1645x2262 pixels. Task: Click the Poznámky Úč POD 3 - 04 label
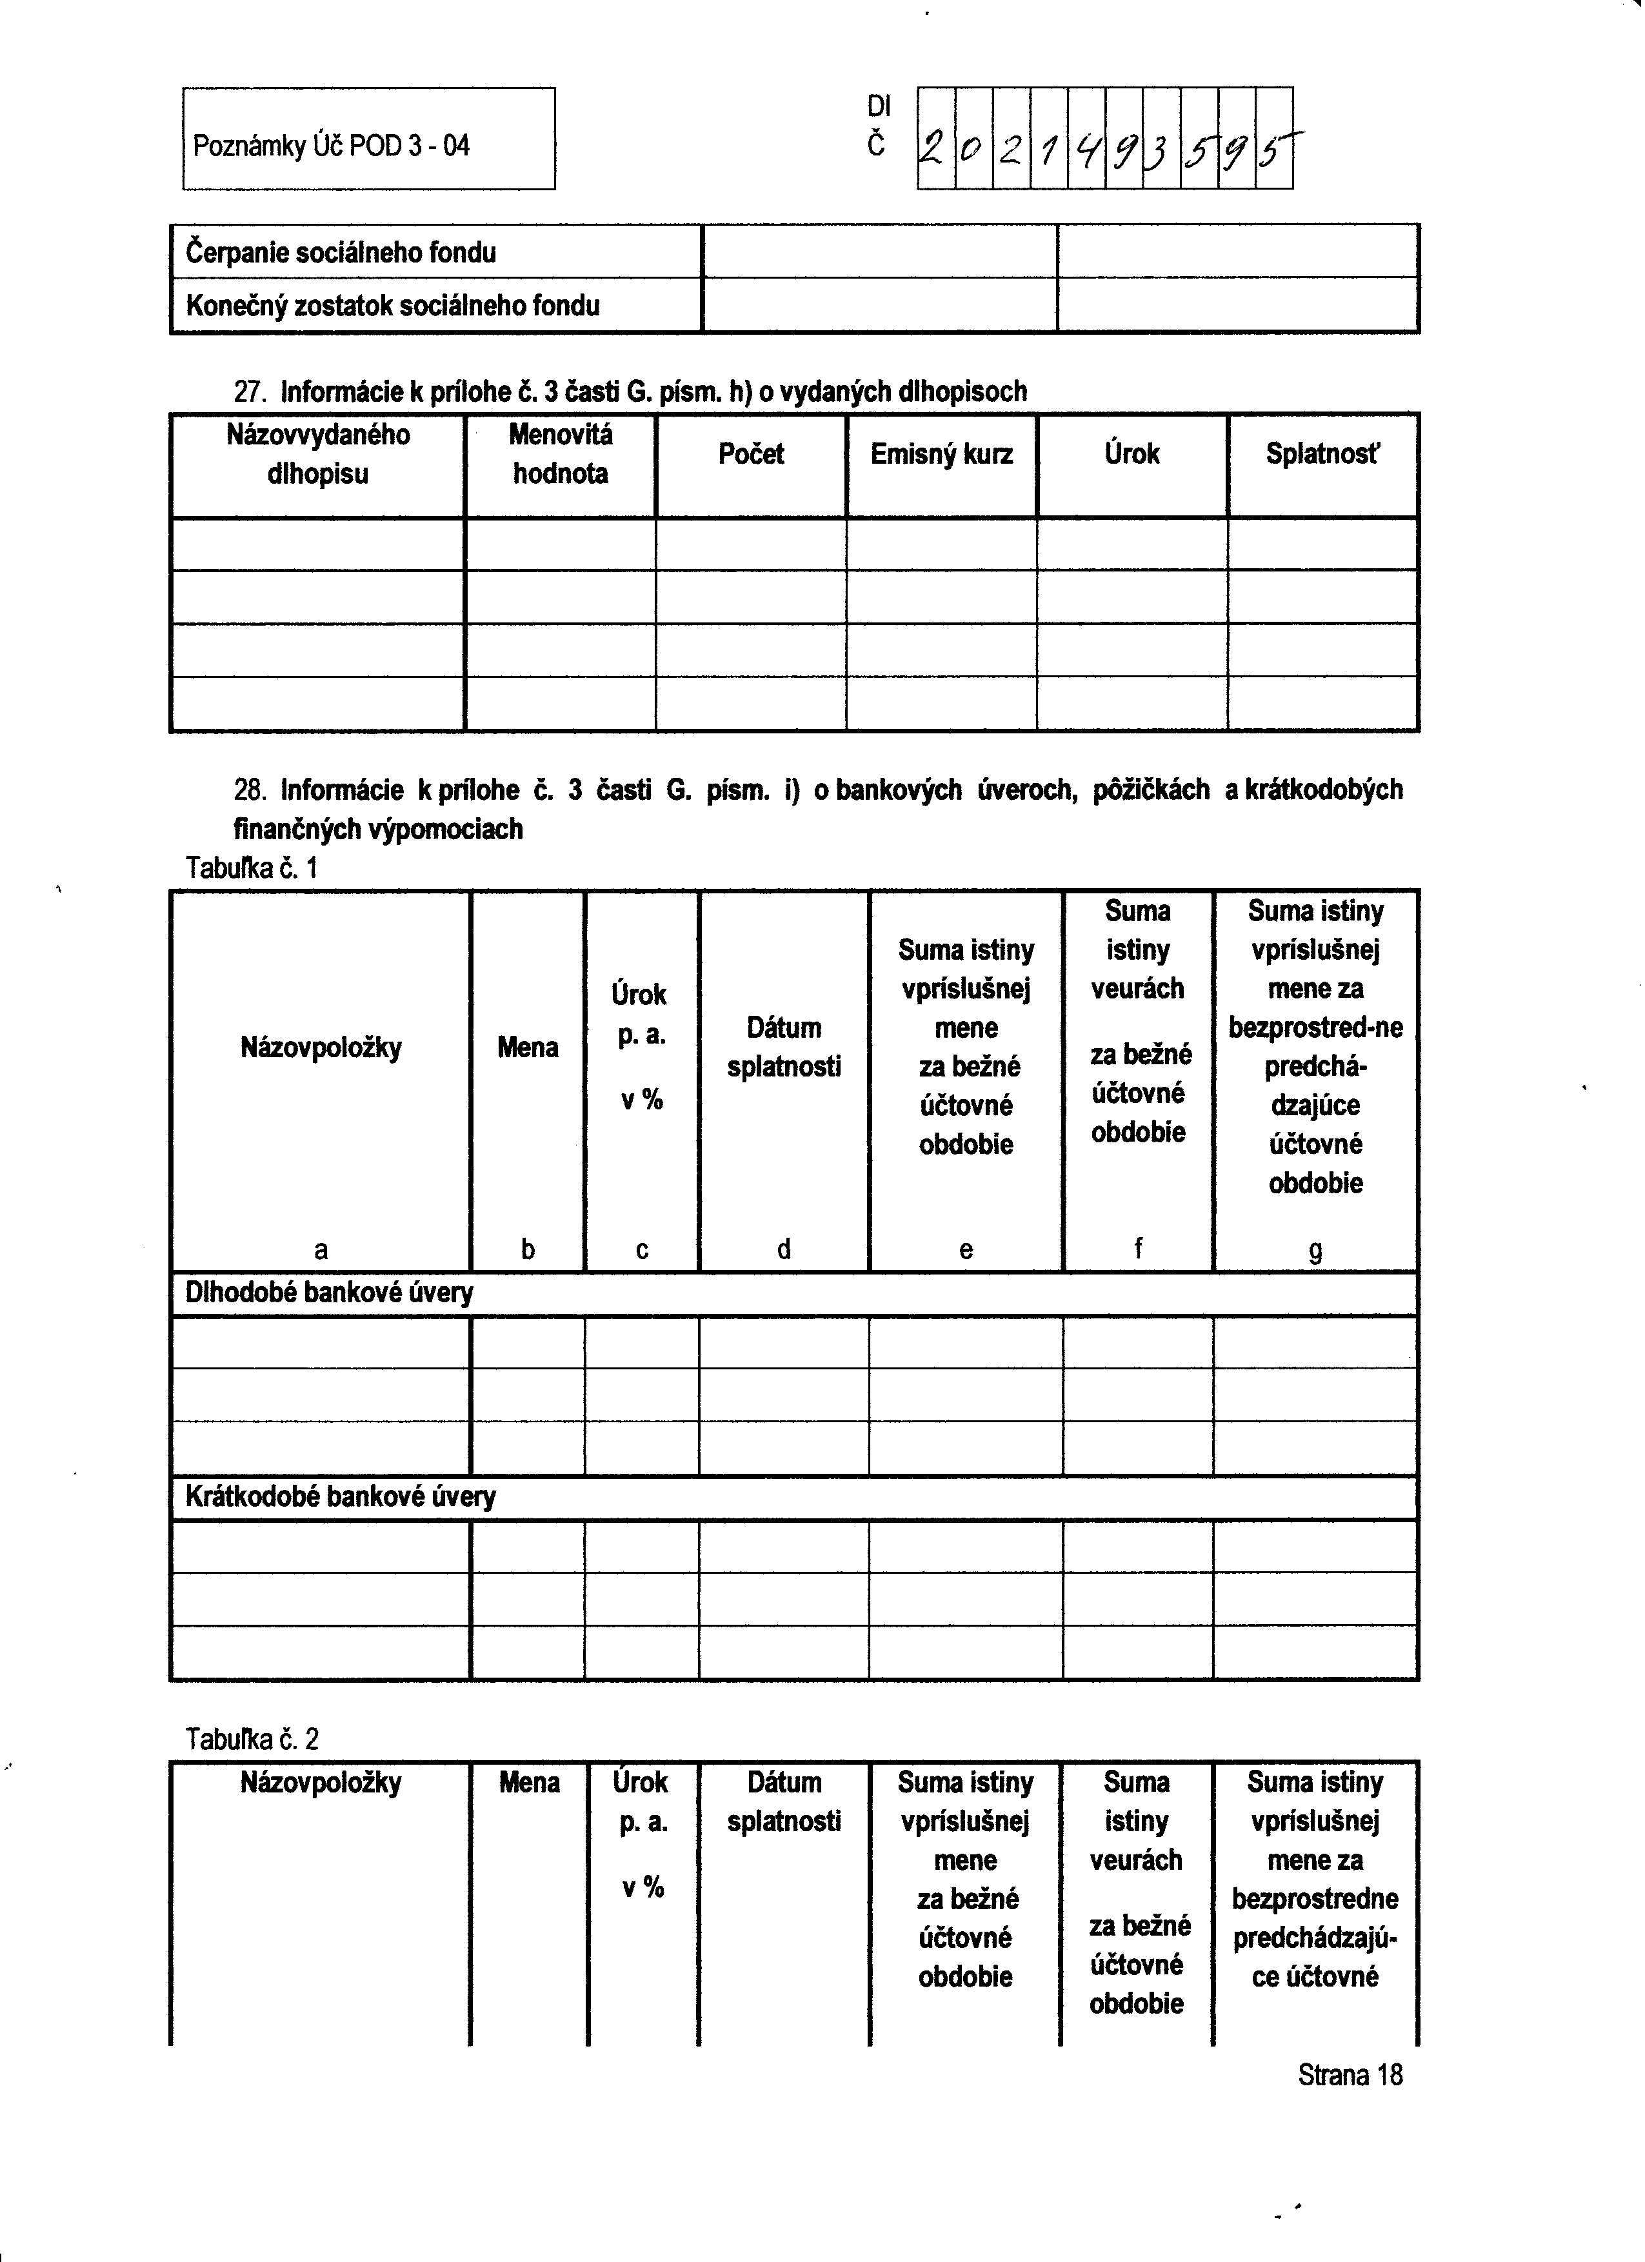pos(330,146)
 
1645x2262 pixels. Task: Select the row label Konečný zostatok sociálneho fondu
pos(392,305)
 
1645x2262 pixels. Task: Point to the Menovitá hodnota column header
pos(560,454)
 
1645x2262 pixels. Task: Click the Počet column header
pos(750,454)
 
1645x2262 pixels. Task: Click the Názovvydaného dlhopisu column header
pos(317,454)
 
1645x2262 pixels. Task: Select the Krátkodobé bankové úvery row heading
pos(340,1496)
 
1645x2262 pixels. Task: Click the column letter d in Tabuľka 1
pos(783,1249)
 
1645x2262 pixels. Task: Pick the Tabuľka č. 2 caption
pos(252,1740)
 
